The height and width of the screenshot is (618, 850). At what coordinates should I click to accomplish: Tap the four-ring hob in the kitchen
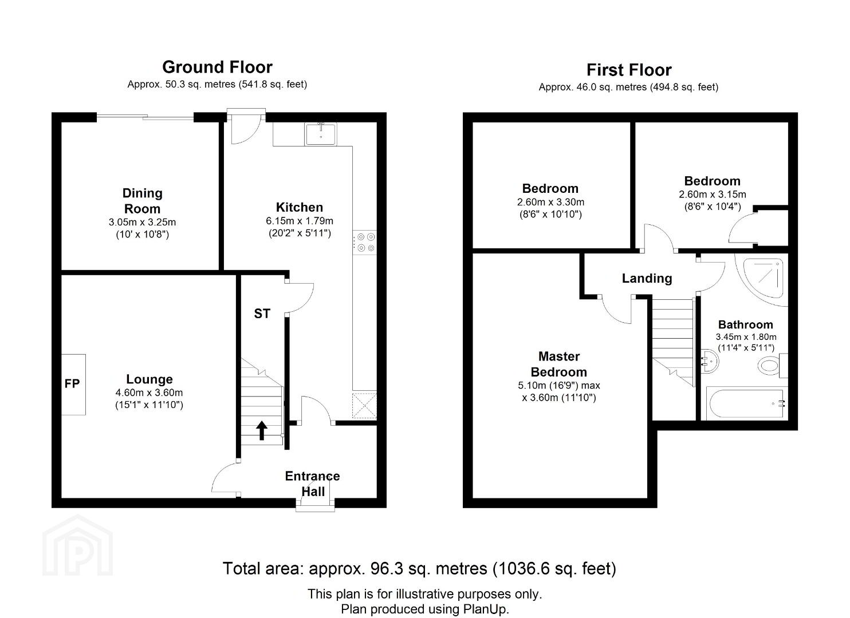click(x=365, y=243)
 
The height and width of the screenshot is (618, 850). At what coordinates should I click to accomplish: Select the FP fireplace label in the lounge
click(x=72, y=384)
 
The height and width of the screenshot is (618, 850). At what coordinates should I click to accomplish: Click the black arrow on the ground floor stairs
click(x=261, y=431)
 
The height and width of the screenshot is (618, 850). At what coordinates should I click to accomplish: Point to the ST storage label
click(x=262, y=314)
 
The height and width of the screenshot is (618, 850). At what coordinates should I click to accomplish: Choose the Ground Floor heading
click(x=218, y=67)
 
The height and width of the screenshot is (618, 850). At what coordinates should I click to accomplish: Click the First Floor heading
click(x=629, y=70)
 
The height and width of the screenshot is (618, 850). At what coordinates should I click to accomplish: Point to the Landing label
click(x=647, y=278)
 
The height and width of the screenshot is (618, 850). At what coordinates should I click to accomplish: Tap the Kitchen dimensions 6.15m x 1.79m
click(x=300, y=221)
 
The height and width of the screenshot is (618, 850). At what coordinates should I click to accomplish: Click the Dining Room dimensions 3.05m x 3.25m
click(x=142, y=222)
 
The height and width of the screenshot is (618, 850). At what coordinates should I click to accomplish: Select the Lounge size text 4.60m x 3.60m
click(x=149, y=393)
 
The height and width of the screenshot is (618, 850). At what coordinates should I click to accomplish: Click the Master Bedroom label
click(x=559, y=364)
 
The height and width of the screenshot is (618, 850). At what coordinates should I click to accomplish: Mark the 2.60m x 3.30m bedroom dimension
click(x=550, y=202)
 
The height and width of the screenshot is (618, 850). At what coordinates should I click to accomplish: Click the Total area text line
click(x=419, y=569)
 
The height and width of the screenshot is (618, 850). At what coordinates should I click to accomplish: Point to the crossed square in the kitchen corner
click(x=365, y=406)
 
